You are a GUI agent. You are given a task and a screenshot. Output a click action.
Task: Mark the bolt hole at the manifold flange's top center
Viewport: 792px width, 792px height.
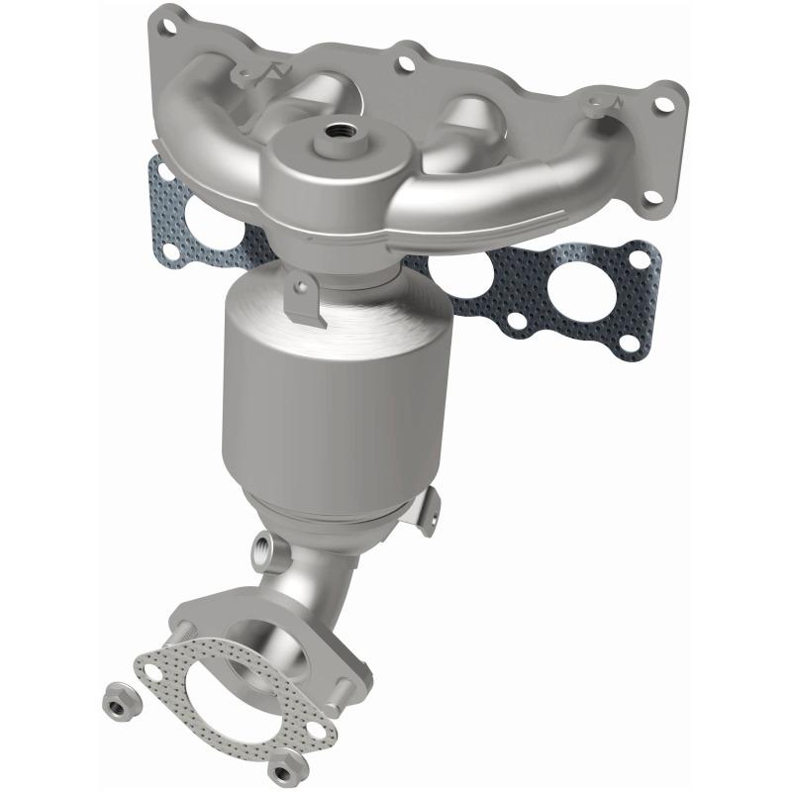405,63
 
